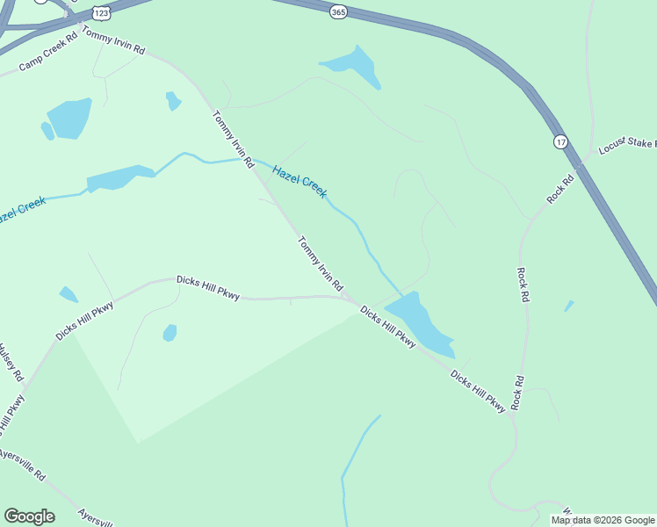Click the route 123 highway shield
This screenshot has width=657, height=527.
pos(100,15)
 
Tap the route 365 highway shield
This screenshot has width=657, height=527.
pos(338,11)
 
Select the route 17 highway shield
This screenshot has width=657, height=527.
pos(560,141)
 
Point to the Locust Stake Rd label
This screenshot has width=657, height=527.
pos(626,145)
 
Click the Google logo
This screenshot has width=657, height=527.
pos(29,516)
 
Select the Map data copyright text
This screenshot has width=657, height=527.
pos(603,520)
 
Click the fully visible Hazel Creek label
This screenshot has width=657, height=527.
pos(300,181)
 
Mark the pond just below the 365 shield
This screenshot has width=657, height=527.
pos(354,65)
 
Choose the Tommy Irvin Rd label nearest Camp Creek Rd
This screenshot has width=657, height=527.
pos(112,40)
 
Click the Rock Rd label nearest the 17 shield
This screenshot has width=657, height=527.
pos(560,189)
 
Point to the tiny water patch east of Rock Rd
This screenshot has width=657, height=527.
pos(569,306)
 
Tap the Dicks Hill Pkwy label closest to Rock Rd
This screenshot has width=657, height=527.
pos(479,391)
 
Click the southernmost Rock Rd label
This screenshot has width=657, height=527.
pos(519,392)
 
